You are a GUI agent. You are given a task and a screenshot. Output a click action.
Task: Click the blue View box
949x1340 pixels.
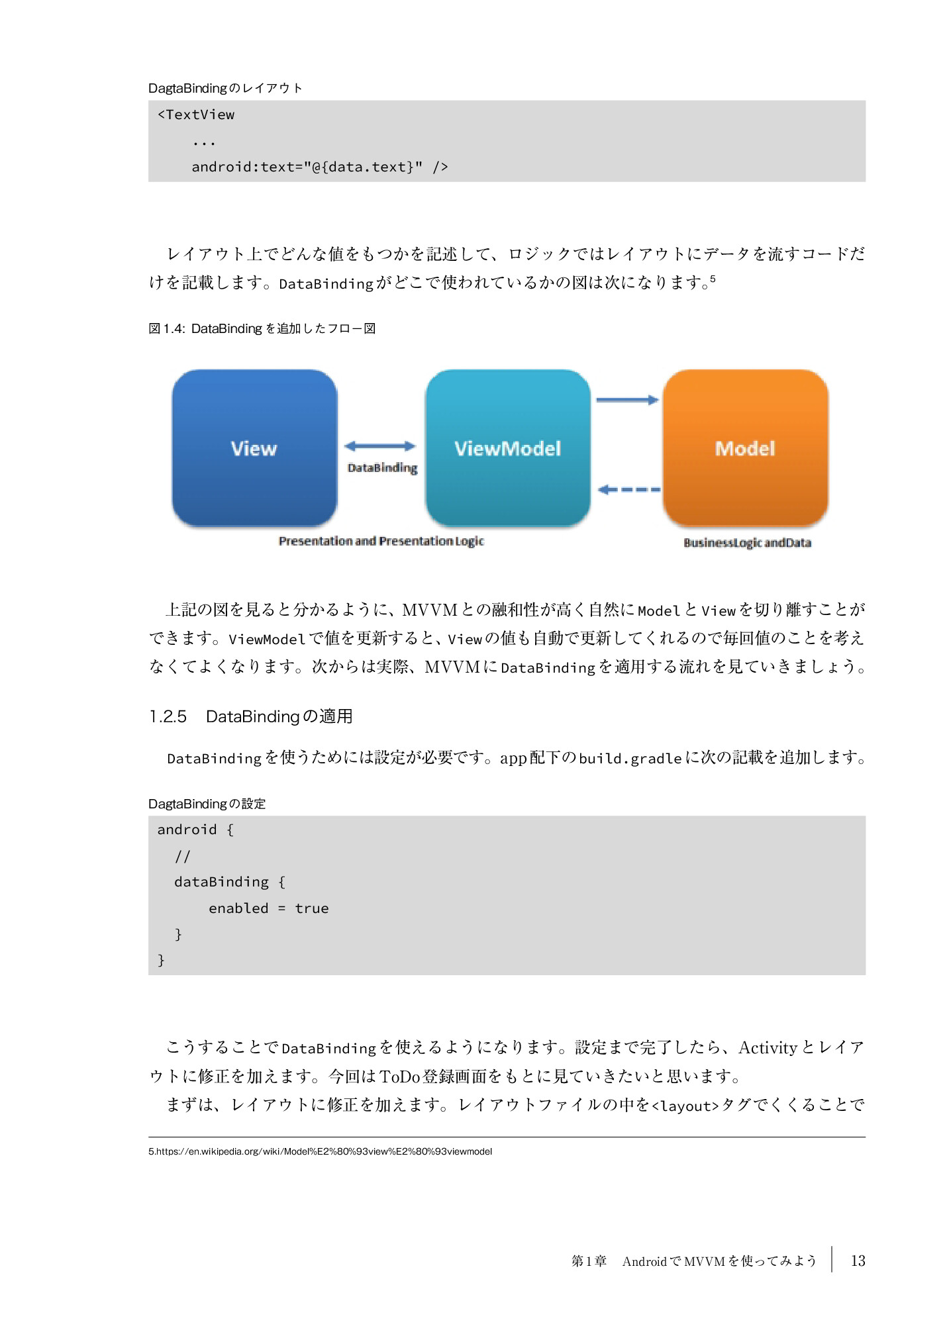pos(254,448)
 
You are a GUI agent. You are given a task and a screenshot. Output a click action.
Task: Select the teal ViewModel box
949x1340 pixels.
pos(507,448)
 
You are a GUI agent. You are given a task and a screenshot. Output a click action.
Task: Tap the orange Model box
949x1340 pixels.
pos(745,448)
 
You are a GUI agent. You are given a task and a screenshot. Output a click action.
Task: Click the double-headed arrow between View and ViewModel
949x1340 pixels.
pos(380,446)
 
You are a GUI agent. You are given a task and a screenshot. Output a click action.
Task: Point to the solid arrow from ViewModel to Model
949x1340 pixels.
pos(627,400)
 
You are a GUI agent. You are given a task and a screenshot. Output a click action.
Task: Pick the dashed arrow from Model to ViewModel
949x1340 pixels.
pos(629,490)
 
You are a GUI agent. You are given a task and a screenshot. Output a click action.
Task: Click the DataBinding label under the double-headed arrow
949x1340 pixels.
pos(383,468)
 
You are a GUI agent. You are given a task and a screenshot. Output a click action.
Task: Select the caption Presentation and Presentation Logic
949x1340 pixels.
pos(381,542)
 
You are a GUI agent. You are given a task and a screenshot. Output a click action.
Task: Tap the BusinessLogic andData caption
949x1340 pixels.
pos(747,543)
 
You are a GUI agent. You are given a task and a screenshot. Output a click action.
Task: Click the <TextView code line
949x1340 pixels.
pos(196,115)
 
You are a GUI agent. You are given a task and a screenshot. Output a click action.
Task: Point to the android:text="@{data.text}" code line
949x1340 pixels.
pos(319,167)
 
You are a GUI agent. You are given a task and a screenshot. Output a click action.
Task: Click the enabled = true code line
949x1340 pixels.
pos(268,908)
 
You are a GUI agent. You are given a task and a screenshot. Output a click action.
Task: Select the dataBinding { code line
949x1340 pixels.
pos(229,882)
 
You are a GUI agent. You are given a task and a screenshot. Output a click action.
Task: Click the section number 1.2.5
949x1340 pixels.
pos(168,716)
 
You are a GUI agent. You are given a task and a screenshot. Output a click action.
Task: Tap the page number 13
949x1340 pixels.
pos(858,1261)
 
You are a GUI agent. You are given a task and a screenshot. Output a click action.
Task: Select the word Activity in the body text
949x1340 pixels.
pos(768,1047)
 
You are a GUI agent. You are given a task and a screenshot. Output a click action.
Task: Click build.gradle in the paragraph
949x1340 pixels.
pos(630,758)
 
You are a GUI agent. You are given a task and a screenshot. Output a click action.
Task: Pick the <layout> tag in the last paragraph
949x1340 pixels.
pos(685,1106)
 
